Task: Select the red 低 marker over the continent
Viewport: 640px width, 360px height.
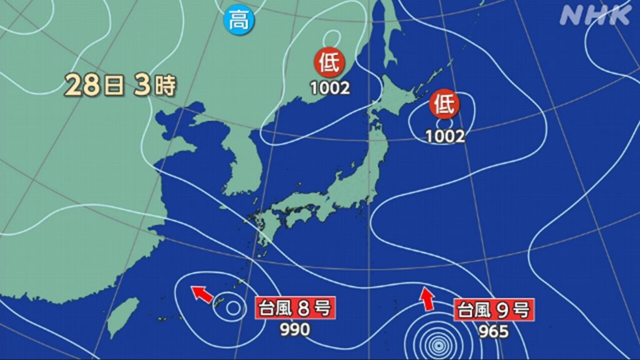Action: pyautogui.click(x=330, y=63)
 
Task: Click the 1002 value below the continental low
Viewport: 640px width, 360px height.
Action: pyautogui.click(x=330, y=88)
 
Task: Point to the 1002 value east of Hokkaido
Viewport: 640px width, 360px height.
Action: pyautogui.click(x=446, y=136)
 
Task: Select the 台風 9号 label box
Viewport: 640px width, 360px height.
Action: pyautogui.click(x=494, y=309)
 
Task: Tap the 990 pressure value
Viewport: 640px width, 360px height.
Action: pyautogui.click(x=294, y=329)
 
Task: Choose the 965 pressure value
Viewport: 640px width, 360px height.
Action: pyautogui.click(x=494, y=330)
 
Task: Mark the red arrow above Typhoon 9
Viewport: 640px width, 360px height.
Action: pyautogui.click(x=427, y=298)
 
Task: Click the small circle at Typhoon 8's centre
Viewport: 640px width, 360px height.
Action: pyautogui.click(x=232, y=308)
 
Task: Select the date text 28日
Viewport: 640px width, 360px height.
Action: pyautogui.click(x=94, y=86)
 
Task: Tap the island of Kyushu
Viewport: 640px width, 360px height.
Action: pyautogui.click(x=268, y=227)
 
